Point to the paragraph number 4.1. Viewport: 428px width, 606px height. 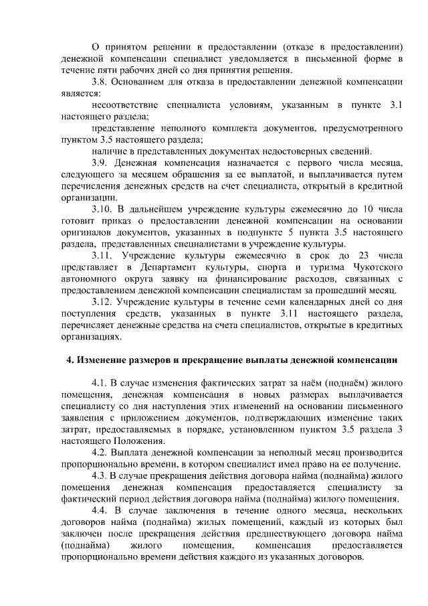click(99, 383)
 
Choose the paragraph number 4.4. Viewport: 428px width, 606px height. click(100, 511)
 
